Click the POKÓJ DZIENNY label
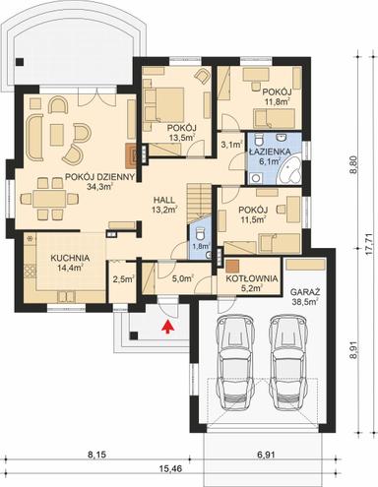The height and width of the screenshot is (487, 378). (x=69, y=177)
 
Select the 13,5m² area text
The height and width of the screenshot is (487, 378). (x=181, y=139)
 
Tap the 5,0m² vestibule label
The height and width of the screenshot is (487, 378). (x=181, y=279)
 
